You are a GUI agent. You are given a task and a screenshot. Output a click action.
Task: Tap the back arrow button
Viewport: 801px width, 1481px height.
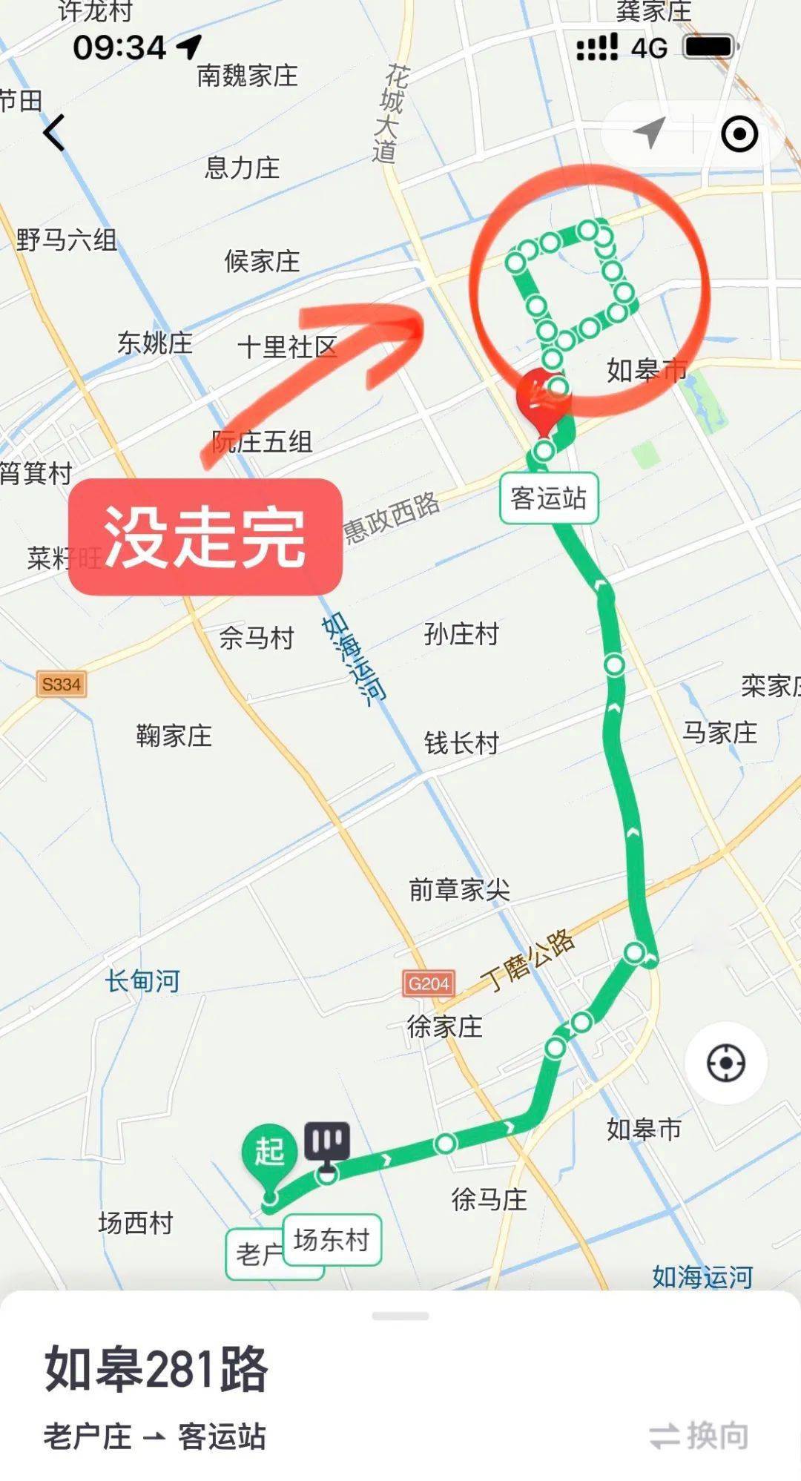pos(54,133)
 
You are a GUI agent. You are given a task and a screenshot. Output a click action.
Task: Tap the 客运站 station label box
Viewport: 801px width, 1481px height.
pos(549,498)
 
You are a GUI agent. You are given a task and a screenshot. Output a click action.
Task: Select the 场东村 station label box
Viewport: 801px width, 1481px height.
pos(332,1239)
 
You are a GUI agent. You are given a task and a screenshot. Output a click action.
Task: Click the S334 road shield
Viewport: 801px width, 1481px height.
pos(61,684)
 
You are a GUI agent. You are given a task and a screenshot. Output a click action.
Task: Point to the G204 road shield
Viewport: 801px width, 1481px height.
pos(429,983)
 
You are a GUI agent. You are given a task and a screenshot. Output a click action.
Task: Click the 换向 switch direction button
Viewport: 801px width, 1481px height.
pos(699,1436)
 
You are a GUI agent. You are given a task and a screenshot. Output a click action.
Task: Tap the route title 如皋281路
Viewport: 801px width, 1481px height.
pos(156,1369)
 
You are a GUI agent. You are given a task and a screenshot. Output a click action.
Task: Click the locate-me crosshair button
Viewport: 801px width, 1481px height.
pos(725,1063)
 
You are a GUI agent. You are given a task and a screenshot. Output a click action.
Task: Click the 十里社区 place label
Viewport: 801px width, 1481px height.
pos(287,346)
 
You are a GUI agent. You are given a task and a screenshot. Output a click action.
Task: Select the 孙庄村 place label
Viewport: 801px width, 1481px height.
pos(461,634)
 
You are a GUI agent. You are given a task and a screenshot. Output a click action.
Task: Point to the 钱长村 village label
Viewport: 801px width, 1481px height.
pos(461,742)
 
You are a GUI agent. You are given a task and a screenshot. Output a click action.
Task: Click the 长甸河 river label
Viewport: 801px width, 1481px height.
pos(142,981)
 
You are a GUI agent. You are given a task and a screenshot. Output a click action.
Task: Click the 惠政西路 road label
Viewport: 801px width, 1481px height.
pos(392,518)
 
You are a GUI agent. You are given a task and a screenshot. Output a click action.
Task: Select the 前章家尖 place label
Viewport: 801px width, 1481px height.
pos(460,889)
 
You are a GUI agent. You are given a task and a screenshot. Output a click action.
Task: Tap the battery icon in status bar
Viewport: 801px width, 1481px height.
pos(709,47)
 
